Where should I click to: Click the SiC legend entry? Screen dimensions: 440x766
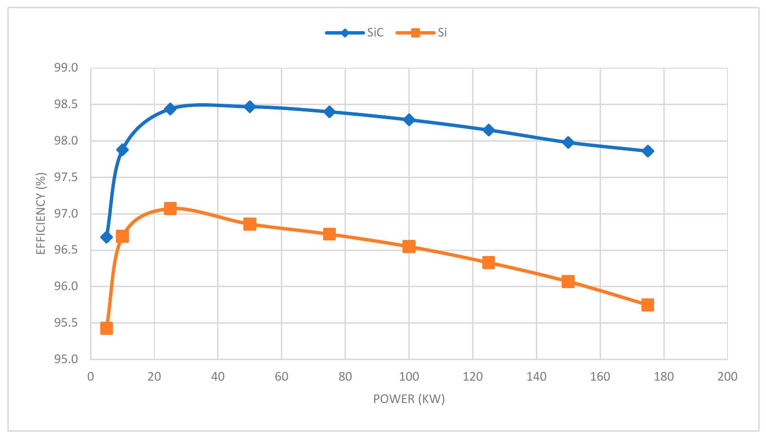(x=355, y=33)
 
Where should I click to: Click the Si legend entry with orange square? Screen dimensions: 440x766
(x=421, y=33)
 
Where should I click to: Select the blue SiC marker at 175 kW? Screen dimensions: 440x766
(x=647, y=151)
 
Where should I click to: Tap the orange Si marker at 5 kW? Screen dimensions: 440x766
(x=107, y=329)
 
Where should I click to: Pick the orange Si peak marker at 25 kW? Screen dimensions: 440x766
(x=170, y=209)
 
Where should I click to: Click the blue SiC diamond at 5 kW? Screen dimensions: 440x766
(x=107, y=237)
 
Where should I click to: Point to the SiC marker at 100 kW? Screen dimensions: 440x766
(x=409, y=120)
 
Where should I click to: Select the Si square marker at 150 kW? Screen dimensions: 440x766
(x=568, y=282)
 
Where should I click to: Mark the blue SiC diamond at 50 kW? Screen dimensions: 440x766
(x=250, y=107)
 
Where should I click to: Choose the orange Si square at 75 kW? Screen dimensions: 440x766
(x=329, y=234)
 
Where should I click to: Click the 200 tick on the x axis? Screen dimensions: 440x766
(x=727, y=377)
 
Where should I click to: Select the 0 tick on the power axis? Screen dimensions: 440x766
(x=91, y=377)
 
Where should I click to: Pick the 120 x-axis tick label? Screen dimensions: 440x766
(x=473, y=377)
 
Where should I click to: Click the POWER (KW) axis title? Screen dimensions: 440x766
(x=409, y=400)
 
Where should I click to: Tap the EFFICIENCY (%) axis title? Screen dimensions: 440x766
(x=41, y=214)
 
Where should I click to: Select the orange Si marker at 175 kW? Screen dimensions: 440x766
(x=647, y=305)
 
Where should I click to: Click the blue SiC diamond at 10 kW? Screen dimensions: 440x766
(x=122, y=149)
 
